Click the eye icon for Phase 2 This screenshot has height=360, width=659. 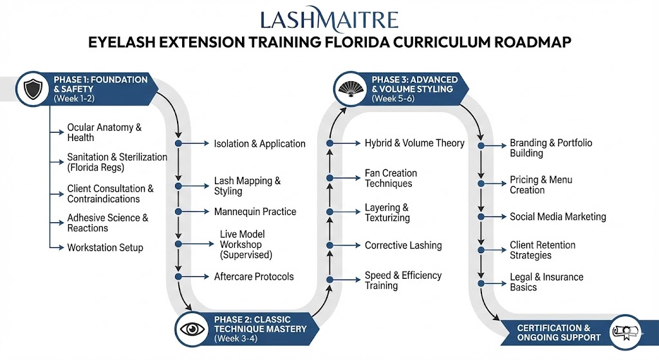coord(192,328)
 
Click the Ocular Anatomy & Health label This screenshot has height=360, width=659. coord(104,133)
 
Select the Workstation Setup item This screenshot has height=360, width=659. coord(105,248)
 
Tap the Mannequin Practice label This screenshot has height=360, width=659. coord(255,211)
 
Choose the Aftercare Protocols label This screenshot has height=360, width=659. coord(254,277)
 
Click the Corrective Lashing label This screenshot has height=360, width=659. coord(403,245)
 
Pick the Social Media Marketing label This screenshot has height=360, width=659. coord(557,217)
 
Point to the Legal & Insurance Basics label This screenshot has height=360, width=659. coord(546,282)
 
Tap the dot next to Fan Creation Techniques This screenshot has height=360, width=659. coord(329,178)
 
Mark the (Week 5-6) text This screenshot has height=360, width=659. coord(394,99)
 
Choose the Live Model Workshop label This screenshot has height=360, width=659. coord(246,244)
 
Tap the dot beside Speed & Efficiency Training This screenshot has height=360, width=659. coord(329,279)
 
